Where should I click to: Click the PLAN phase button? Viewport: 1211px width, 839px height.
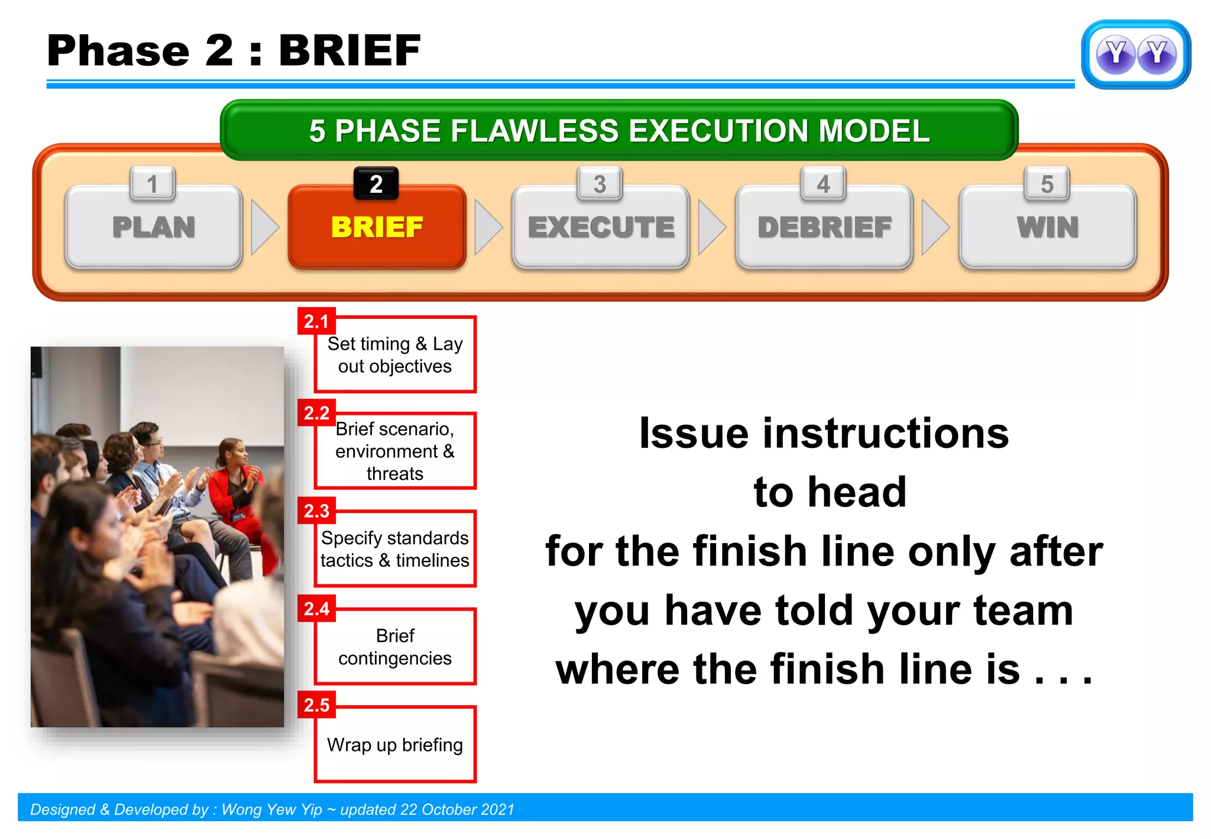(x=154, y=227)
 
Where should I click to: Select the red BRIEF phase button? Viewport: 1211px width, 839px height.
(x=377, y=227)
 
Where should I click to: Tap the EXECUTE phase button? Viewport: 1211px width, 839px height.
(x=601, y=227)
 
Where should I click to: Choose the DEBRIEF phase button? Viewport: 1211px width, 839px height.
(x=824, y=227)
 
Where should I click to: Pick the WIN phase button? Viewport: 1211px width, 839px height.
(x=1047, y=227)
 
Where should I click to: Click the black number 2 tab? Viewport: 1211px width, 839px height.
(x=376, y=184)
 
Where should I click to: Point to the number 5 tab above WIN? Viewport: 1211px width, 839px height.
(x=1047, y=184)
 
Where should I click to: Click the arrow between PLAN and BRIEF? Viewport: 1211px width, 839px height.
(x=264, y=227)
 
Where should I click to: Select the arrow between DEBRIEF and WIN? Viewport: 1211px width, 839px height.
(x=935, y=227)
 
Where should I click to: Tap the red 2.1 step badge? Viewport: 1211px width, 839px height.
(x=316, y=321)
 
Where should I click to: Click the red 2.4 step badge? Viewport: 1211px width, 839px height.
(x=316, y=608)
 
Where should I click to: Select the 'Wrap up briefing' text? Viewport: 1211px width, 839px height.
(x=394, y=745)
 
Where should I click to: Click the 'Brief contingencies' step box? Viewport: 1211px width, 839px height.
(x=395, y=647)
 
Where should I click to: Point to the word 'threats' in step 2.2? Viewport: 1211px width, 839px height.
(x=394, y=474)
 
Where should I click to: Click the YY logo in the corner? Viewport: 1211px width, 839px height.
(x=1135, y=54)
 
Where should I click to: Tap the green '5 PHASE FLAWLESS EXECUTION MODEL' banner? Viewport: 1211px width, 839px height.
(x=619, y=130)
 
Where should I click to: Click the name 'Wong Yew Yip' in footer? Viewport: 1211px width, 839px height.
(x=272, y=809)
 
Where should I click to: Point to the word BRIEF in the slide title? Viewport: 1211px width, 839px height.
(x=349, y=50)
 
